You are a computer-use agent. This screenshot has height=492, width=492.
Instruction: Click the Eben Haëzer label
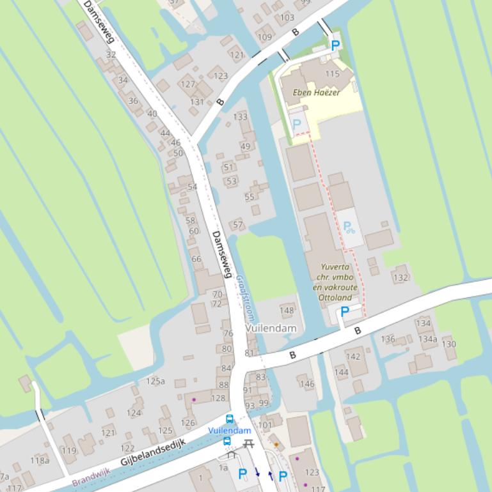click(316, 92)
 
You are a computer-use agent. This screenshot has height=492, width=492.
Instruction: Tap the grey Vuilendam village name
click(271, 328)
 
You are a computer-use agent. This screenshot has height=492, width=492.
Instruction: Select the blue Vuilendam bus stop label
click(229, 431)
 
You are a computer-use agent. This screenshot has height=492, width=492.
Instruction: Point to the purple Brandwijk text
click(91, 477)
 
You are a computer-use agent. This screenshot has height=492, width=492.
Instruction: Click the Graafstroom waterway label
click(245, 298)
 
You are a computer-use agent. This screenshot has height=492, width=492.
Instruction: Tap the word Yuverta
click(336, 267)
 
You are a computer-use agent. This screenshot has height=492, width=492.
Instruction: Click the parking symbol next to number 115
click(335, 46)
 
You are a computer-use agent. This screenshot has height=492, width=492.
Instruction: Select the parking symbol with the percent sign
click(349, 227)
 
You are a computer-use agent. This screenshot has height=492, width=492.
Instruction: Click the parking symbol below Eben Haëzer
click(296, 124)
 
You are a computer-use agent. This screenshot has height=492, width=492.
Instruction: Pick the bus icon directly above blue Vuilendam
click(230, 419)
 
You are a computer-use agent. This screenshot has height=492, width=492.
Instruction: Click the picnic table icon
click(249, 443)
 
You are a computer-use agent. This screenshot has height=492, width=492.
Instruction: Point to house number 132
click(401, 277)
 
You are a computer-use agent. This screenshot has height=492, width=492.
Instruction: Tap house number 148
click(287, 311)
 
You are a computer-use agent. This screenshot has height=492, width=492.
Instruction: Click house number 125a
click(155, 381)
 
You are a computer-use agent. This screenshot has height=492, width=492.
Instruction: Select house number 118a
click(40, 460)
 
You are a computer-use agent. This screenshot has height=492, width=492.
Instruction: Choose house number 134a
click(427, 339)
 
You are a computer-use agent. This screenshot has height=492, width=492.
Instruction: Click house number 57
click(238, 225)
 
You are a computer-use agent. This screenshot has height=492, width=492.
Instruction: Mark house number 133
click(240, 117)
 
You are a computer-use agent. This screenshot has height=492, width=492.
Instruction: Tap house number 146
click(307, 384)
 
